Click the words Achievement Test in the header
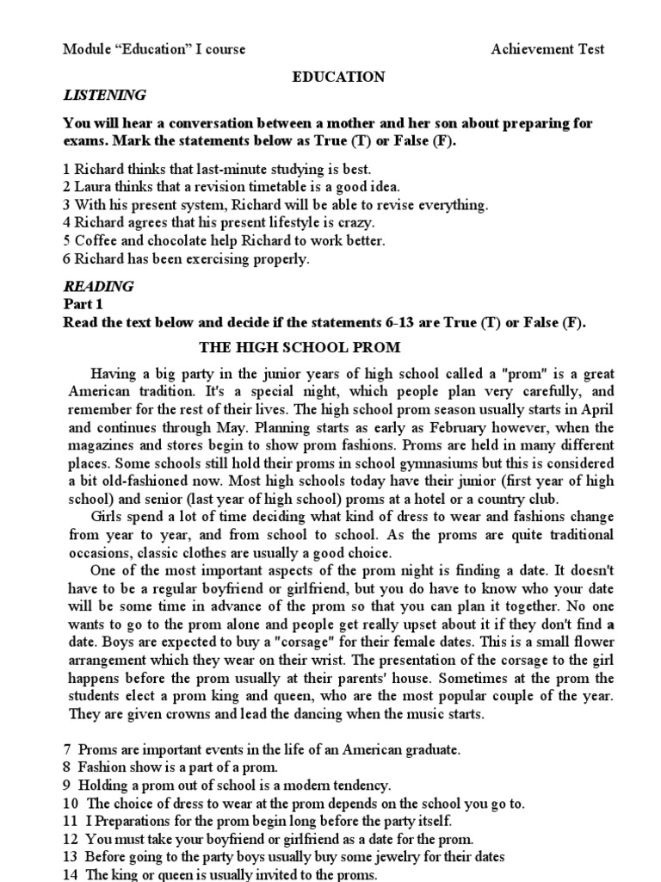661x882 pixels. (547, 49)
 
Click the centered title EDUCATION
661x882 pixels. (339, 77)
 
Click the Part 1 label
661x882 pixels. (83, 304)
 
